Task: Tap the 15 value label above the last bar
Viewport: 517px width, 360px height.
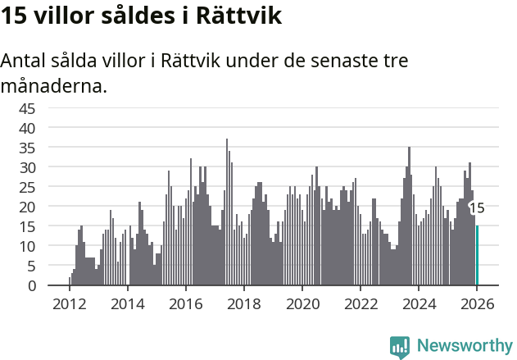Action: click(x=477, y=208)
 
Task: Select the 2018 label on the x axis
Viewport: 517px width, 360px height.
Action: click(x=243, y=303)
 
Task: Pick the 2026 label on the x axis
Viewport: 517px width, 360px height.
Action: click(x=477, y=303)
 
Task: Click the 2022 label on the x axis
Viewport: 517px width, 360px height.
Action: click(x=361, y=303)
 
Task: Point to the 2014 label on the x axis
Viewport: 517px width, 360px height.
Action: click(x=127, y=303)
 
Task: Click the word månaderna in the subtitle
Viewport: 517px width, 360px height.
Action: click(x=54, y=85)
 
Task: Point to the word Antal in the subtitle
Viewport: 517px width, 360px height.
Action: click(x=25, y=62)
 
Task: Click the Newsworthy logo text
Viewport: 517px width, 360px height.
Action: click(x=465, y=345)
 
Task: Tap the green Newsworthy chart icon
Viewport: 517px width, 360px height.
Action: click(x=400, y=347)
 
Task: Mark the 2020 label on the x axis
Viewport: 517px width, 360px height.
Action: click(x=302, y=303)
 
